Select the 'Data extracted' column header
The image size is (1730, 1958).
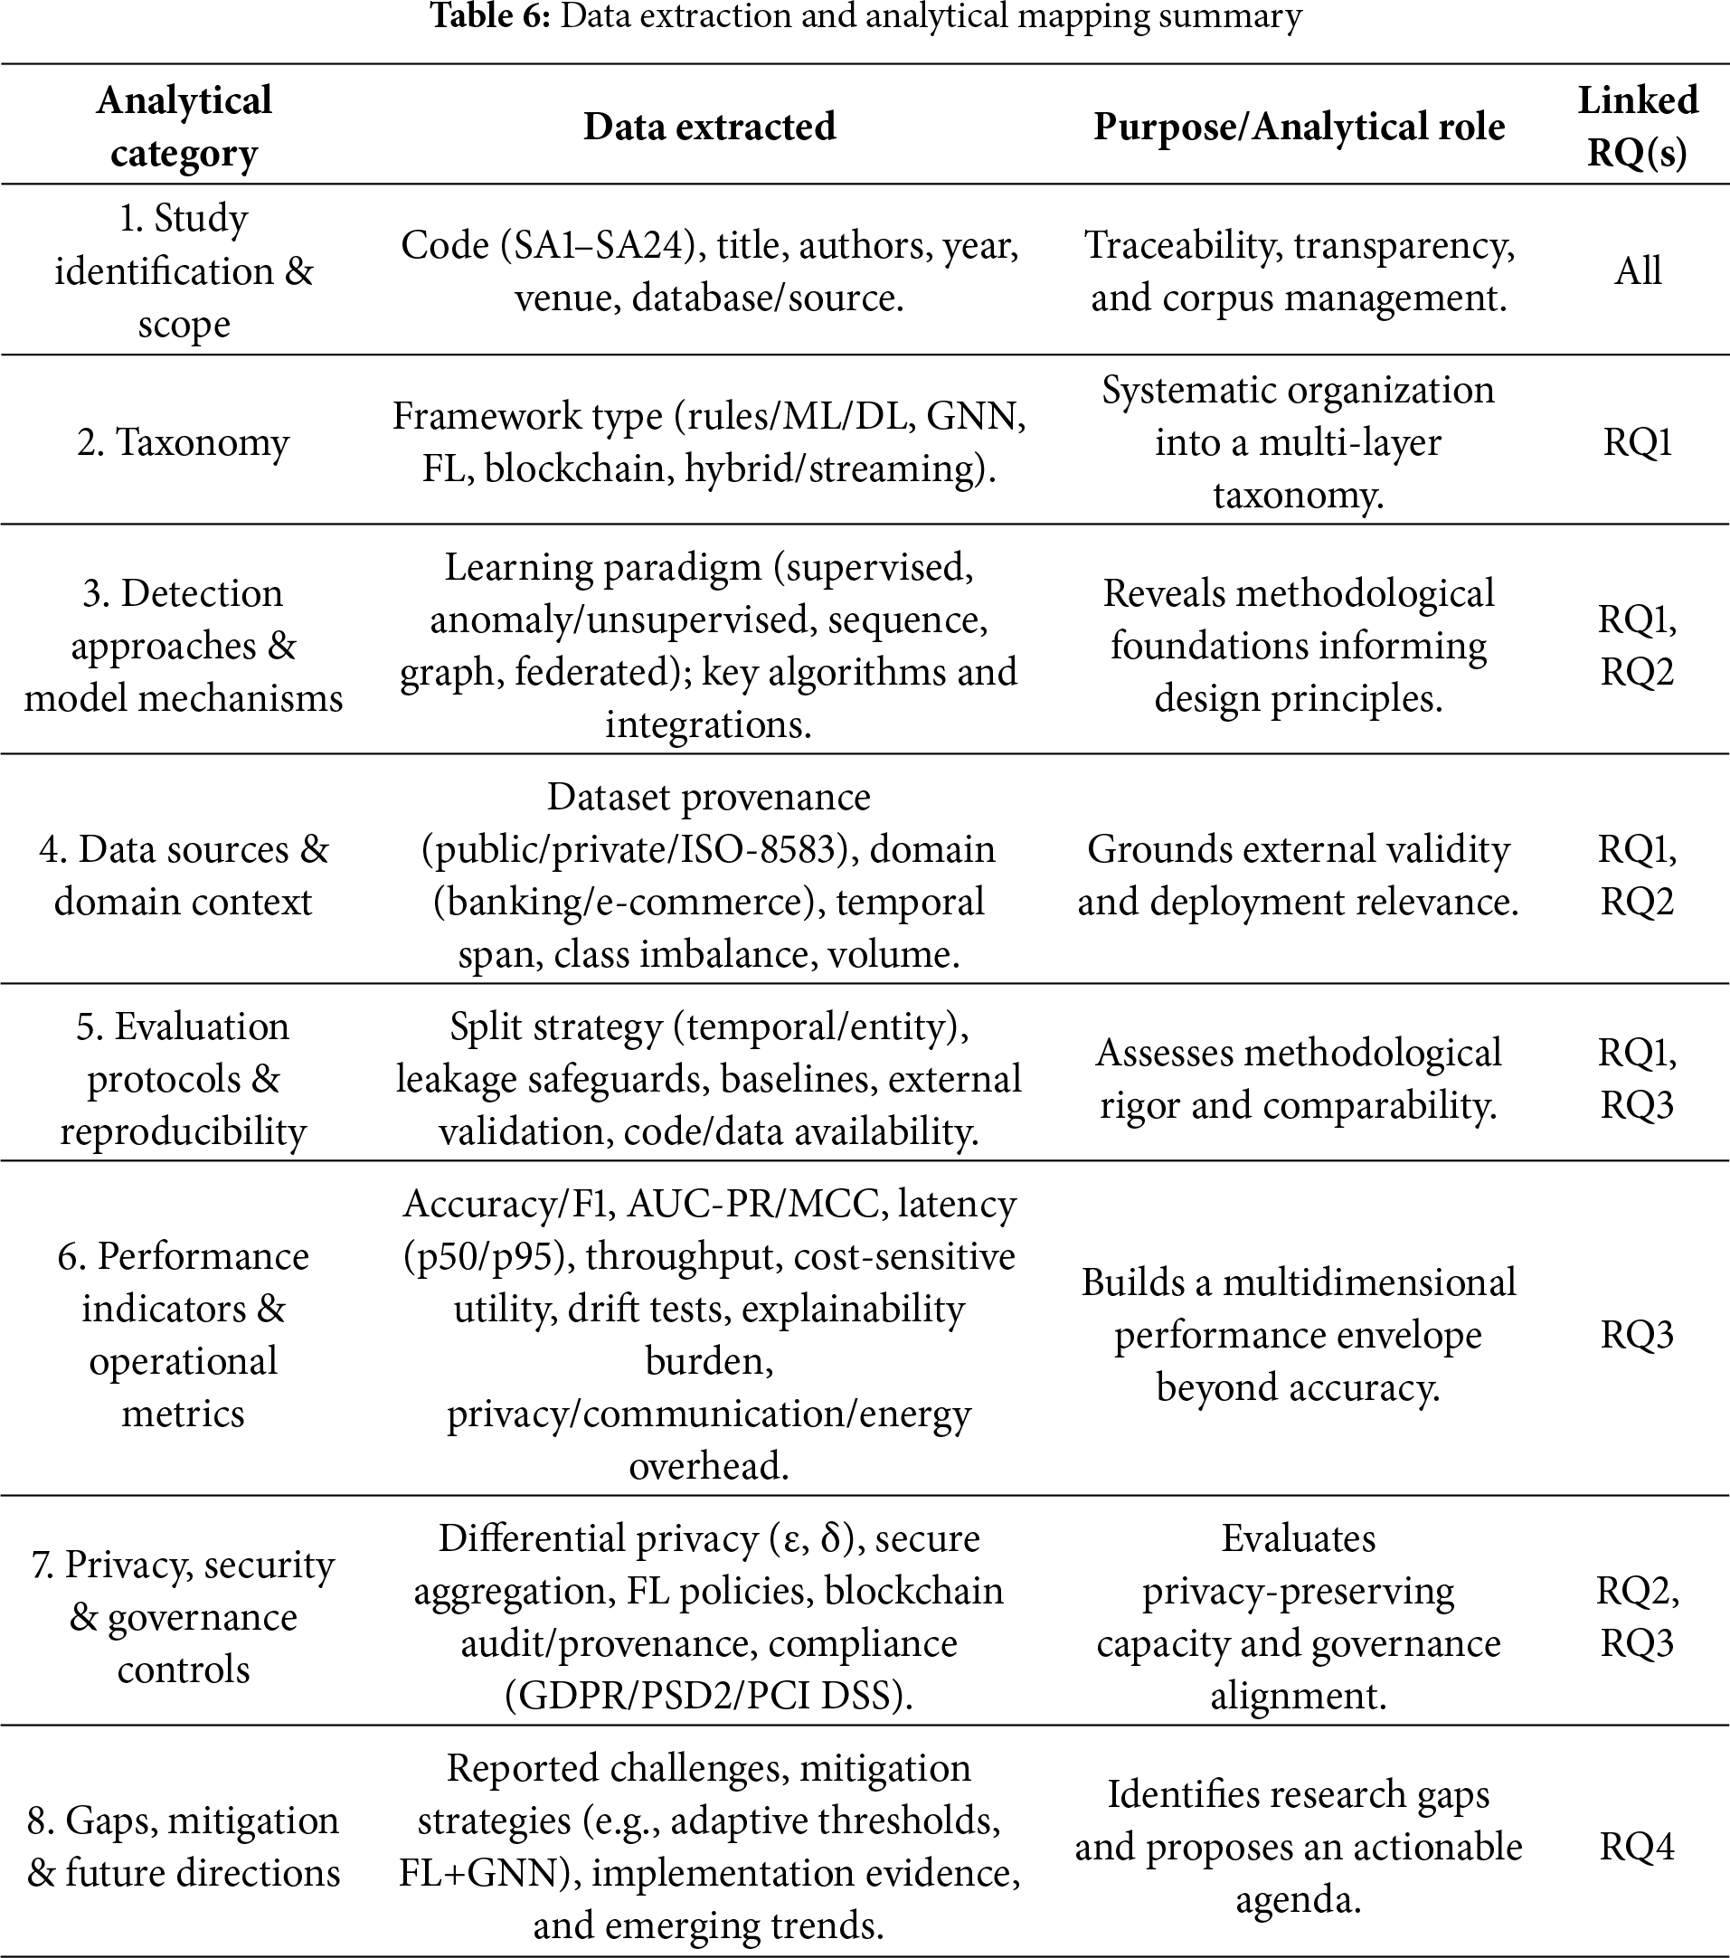coord(709,127)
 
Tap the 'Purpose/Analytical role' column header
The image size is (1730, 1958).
coord(1298,127)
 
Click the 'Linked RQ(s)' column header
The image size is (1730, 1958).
coord(1637,127)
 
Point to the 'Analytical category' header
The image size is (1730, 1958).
coord(183,127)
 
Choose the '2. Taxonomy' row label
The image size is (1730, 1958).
coord(183,442)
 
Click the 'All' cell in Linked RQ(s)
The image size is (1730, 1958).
coord(1637,271)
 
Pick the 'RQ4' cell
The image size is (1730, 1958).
coord(1637,1847)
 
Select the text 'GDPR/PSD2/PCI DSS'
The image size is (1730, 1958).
coord(709,1696)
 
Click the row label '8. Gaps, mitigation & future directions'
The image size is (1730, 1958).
coord(183,1847)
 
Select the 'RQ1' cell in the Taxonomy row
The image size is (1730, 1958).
coord(1637,442)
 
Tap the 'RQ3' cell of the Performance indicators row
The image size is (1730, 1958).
coord(1637,1334)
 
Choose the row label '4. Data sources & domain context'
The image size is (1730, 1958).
coord(183,875)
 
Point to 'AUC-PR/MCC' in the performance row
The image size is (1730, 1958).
coord(753,1203)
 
